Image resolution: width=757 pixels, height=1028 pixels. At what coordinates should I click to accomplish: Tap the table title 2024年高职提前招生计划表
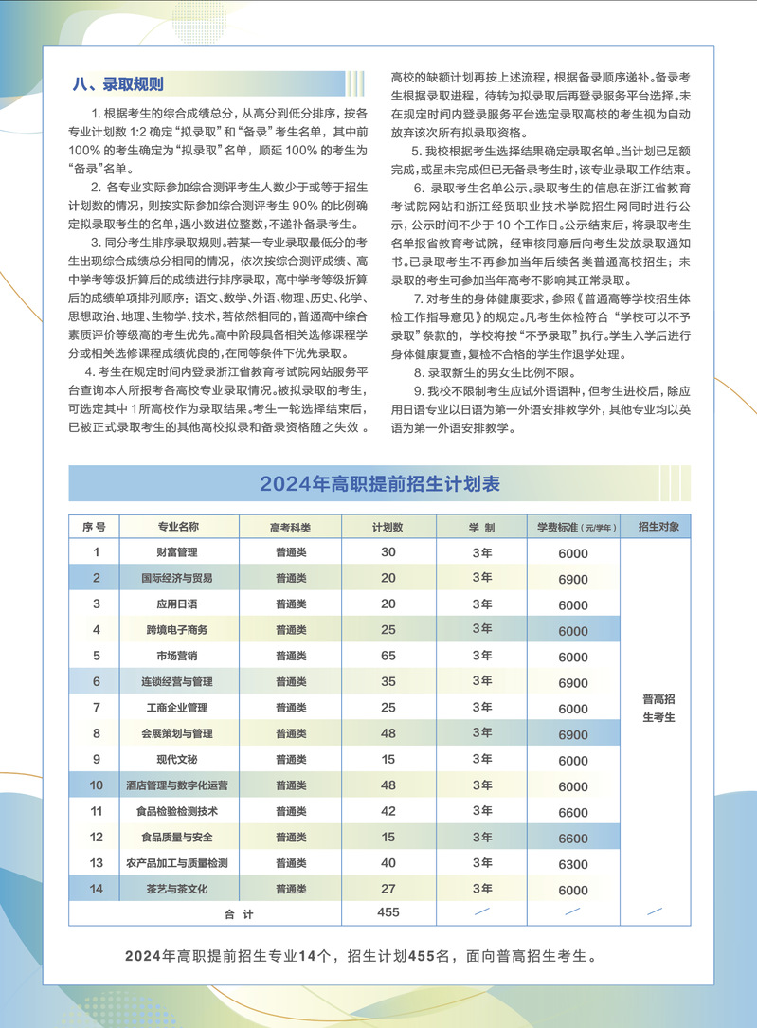point(380,484)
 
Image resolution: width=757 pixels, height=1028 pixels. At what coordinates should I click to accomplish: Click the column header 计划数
point(388,527)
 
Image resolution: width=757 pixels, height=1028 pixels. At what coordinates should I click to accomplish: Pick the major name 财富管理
point(177,552)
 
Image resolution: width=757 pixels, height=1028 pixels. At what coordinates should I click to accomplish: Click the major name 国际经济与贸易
point(177,578)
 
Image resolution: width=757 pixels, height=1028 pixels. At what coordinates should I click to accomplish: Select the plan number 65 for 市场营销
point(388,656)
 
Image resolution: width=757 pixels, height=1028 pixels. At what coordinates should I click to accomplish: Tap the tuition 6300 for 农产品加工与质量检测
point(573,864)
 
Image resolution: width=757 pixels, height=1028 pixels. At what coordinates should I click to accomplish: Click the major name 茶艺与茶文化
point(177,889)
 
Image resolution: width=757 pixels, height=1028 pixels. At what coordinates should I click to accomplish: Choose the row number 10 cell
point(97,785)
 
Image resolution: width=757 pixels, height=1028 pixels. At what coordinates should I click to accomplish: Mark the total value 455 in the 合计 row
point(388,912)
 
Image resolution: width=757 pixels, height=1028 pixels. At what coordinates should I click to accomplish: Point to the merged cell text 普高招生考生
point(658,708)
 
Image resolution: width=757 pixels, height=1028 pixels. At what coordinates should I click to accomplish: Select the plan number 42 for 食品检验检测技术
point(388,811)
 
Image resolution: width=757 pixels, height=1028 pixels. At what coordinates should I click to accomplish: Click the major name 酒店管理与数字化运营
point(177,785)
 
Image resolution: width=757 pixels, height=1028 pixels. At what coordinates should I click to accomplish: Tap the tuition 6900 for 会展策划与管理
point(573,734)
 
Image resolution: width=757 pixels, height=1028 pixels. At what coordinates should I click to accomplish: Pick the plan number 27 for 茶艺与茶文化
point(388,889)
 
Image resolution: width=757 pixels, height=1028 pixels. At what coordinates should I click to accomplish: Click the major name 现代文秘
point(177,759)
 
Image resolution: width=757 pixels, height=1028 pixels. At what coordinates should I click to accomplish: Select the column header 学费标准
point(565,527)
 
